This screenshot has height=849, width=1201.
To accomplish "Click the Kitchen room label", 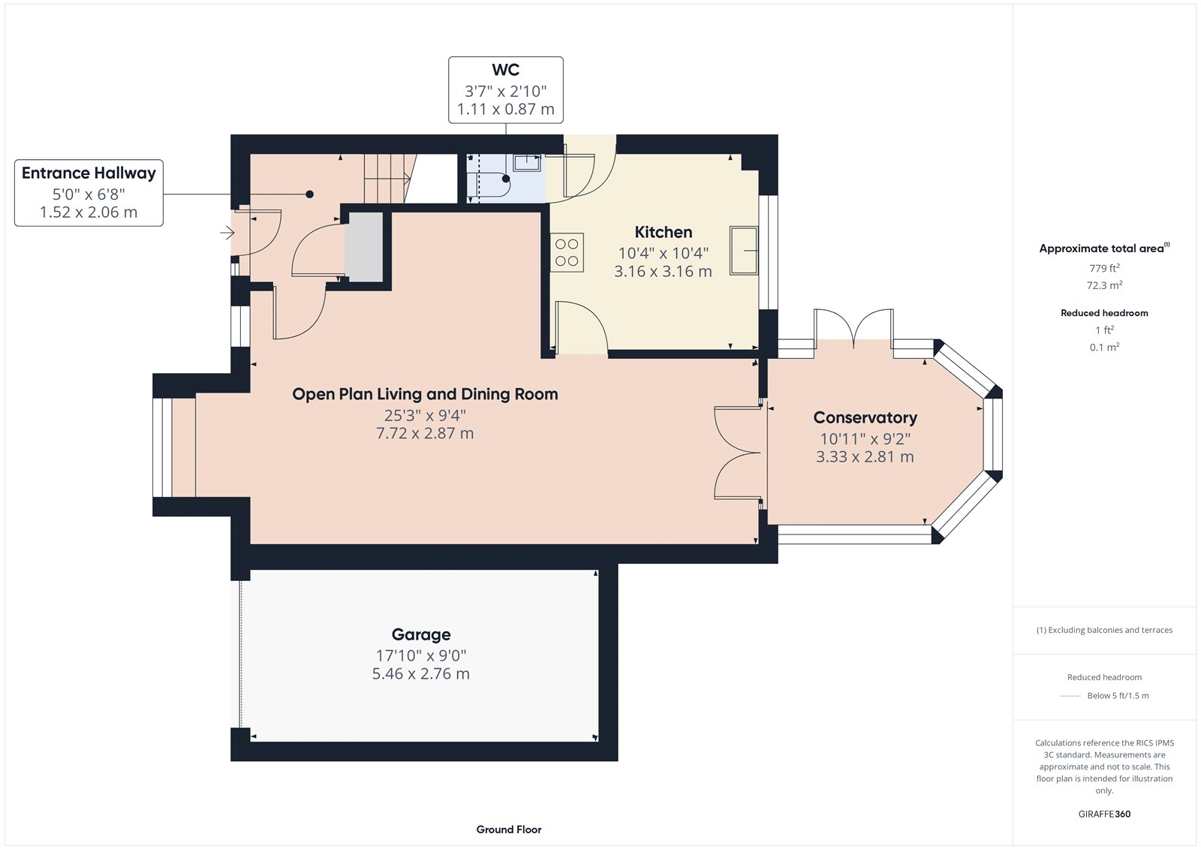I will (663, 232).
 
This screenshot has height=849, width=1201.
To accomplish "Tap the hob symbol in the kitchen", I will (567, 253).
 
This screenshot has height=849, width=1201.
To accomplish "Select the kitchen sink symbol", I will (743, 250).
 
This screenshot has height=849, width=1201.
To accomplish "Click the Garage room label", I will (421, 634).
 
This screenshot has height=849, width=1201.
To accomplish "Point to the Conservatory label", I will (865, 417).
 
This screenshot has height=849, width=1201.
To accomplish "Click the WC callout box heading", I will (505, 70).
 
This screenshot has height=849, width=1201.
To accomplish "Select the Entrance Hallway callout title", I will (89, 173).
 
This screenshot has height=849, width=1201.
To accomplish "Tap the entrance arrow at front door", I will (227, 233).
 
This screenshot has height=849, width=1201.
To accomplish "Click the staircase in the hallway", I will (388, 178).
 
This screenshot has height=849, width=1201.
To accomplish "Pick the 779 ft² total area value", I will (1104, 268).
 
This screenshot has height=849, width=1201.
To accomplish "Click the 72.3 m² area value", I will (1104, 285).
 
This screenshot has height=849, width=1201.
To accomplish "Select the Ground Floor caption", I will (508, 829).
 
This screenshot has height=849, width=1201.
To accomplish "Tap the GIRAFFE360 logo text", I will (1104, 814).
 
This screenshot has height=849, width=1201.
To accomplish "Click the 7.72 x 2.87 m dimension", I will (425, 433).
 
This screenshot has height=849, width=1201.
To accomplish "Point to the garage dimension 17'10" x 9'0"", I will (421, 655).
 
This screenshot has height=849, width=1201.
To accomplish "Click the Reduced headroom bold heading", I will (1104, 313).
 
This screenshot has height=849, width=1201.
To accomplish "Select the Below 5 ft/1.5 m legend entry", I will (1117, 696).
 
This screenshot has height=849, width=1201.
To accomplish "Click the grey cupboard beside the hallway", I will (365, 247).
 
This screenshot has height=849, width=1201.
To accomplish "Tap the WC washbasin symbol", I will (527, 163).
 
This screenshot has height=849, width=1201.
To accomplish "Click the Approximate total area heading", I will (1102, 248).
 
